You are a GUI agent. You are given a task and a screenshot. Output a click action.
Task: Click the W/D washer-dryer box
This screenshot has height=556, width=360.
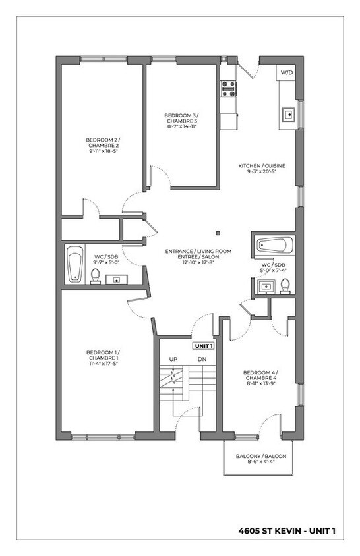coord(287,72)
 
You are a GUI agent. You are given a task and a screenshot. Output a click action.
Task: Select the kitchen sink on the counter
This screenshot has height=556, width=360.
coord(288,114)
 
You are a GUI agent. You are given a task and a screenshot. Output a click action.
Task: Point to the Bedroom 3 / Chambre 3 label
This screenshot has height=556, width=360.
coord(181,119)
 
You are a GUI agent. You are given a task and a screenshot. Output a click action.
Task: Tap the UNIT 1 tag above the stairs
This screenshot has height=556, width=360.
coord(202,345)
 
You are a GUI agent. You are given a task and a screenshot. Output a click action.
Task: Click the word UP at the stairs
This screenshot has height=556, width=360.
coord(173,359)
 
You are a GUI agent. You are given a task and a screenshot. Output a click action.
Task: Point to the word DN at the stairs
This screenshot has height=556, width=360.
coord(202,359)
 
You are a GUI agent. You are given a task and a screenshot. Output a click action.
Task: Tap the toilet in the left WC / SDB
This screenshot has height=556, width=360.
coord(96,276)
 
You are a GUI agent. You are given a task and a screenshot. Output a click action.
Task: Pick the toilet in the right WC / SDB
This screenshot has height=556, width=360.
coord(285,285)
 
